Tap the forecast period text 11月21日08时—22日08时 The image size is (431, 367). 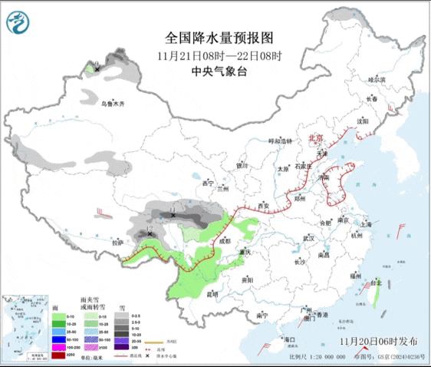pyautogui.click(x=219, y=56)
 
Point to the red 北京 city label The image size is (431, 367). pyautogui.click(x=315, y=137)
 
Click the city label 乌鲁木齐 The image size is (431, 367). pyautogui.click(x=113, y=103)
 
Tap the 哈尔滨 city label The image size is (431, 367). pyautogui.click(x=376, y=79)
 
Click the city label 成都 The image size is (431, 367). pyautogui.click(x=223, y=240)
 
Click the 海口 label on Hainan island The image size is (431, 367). pyautogui.click(x=289, y=339)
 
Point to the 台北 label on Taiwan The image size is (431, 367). pyautogui.click(x=375, y=283)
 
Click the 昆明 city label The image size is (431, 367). pyautogui.click(x=211, y=293)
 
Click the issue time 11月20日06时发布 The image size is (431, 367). pyautogui.click(x=378, y=340)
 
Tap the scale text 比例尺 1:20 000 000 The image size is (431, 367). pyautogui.click(x=314, y=357)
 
